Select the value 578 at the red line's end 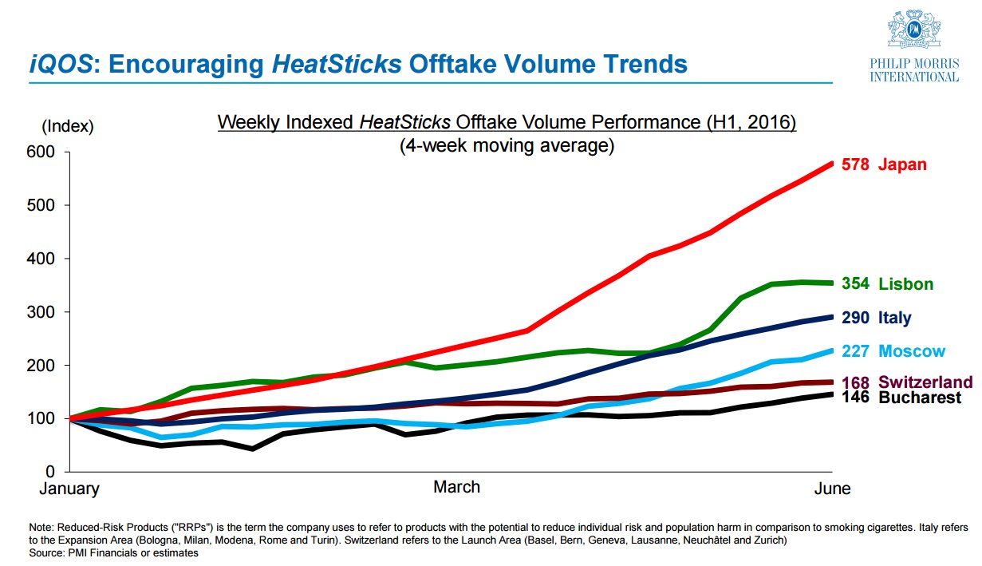click(x=856, y=165)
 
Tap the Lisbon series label click(x=905, y=284)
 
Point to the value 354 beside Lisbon click(x=856, y=284)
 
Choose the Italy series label click(x=894, y=318)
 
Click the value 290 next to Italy click(x=856, y=318)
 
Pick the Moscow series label click(x=912, y=351)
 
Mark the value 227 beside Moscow click(x=856, y=351)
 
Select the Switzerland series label click(x=925, y=382)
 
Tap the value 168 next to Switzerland click(x=856, y=382)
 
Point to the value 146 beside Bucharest click(x=856, y=398)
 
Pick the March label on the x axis click(x=456, y=487)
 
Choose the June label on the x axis click(x=831, y=489)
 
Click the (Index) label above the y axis click(x=67, y=126)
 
